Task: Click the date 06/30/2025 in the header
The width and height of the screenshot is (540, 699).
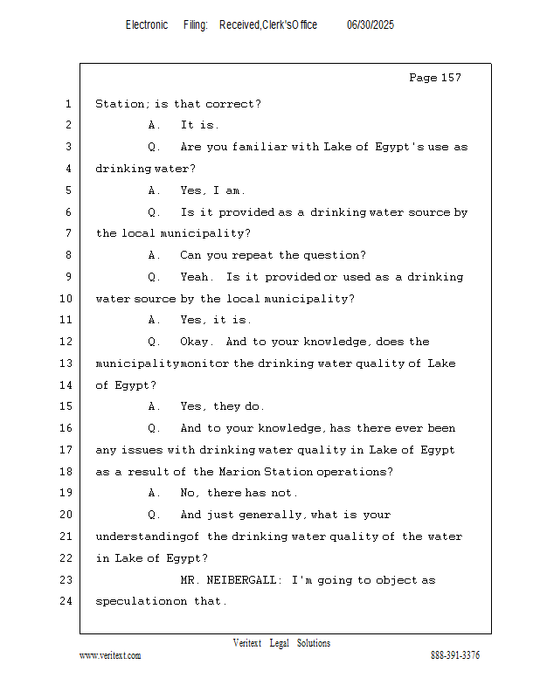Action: [370, 25]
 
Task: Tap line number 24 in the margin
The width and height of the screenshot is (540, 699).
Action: [66, 601]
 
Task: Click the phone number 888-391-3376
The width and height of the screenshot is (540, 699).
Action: [455, 655]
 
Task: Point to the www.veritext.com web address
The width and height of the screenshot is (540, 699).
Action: [110, 655]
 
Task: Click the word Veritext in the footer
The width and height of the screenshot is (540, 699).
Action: [247, 643]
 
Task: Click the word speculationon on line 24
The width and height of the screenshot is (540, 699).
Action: [141, 601]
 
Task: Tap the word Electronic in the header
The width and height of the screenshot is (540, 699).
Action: [147, 25]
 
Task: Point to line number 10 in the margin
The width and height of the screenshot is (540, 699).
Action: [66, 298]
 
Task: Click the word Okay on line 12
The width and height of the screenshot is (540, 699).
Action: [194, 342]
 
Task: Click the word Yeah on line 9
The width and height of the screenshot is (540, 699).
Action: [195, 277]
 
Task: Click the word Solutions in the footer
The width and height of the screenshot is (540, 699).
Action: [314, 643]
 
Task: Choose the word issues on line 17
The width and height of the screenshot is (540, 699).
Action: [142, 450]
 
